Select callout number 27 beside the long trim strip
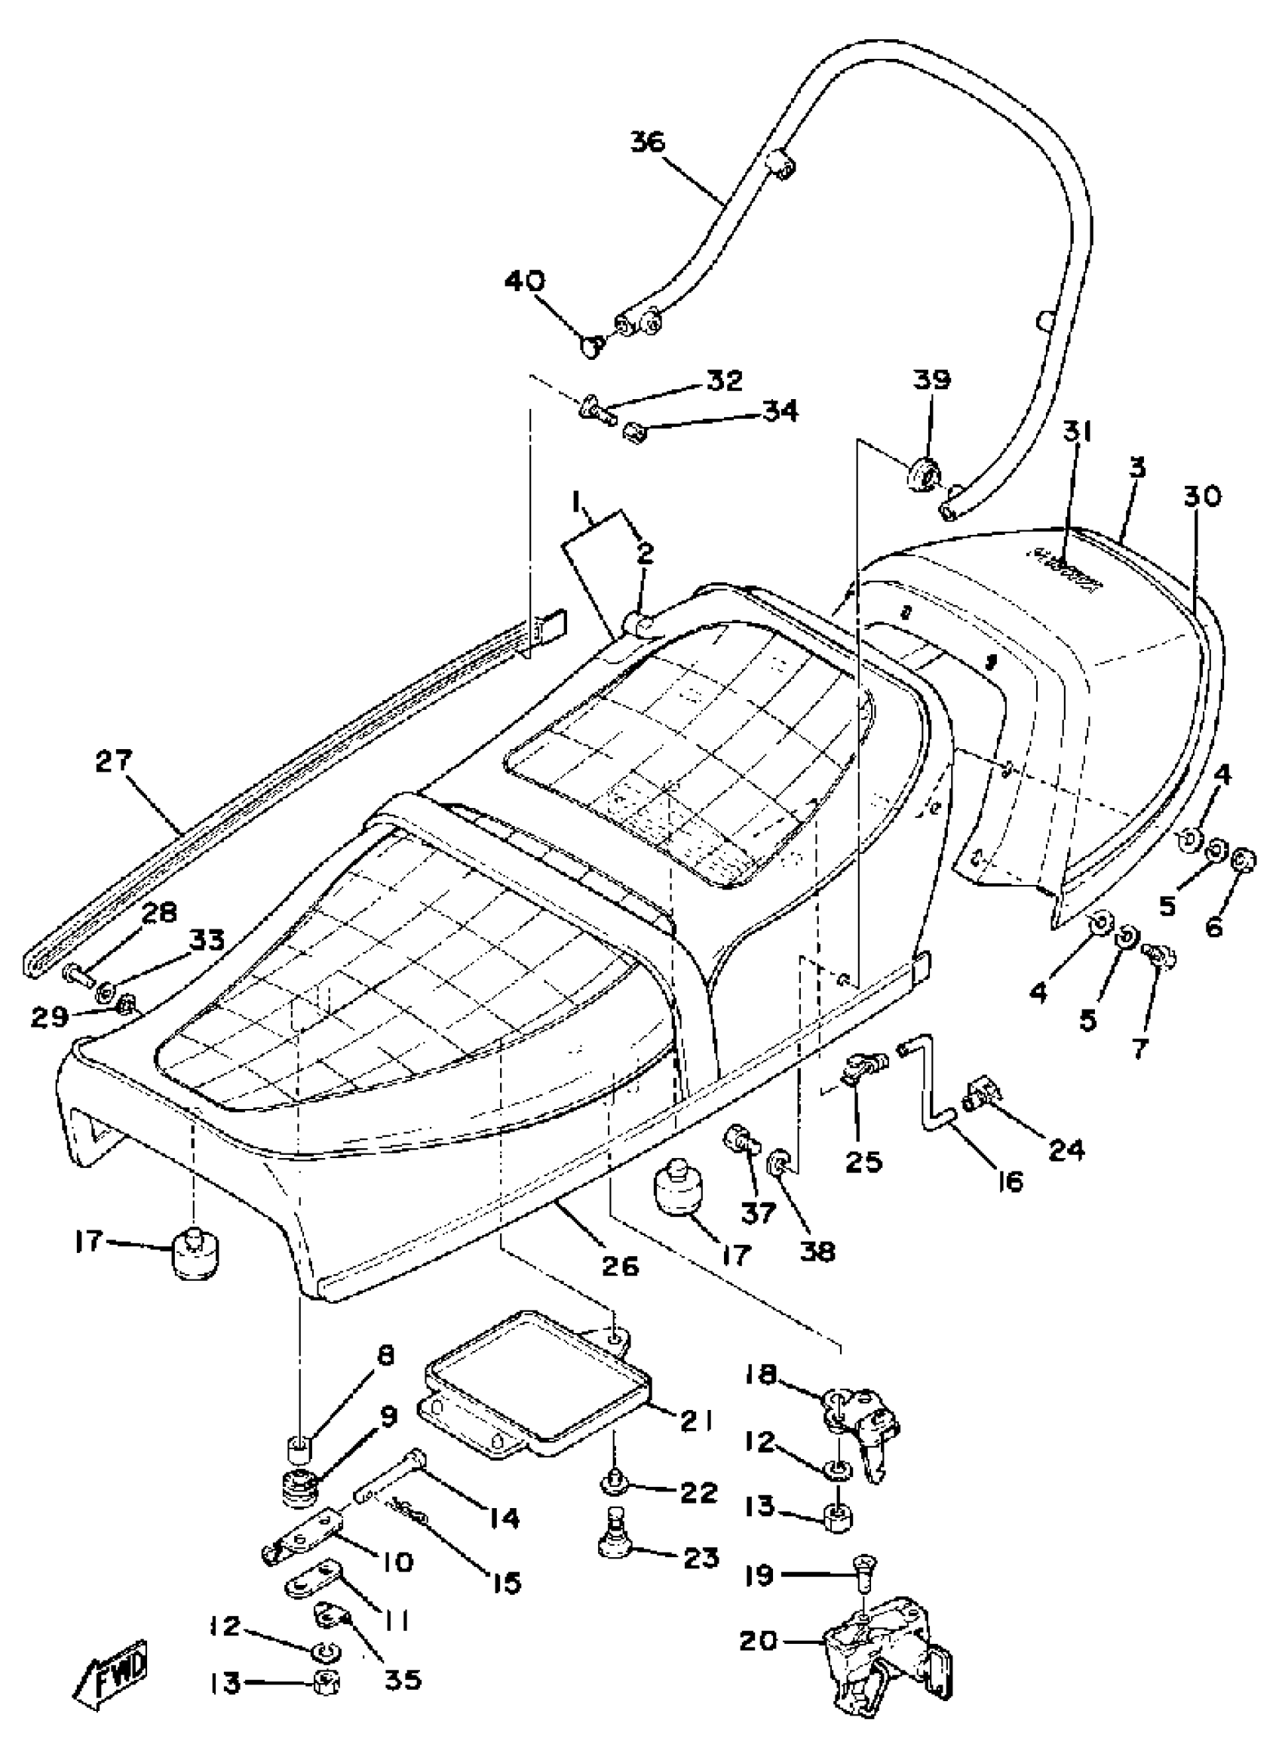[114, 761]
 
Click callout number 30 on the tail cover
[1202, 496]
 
